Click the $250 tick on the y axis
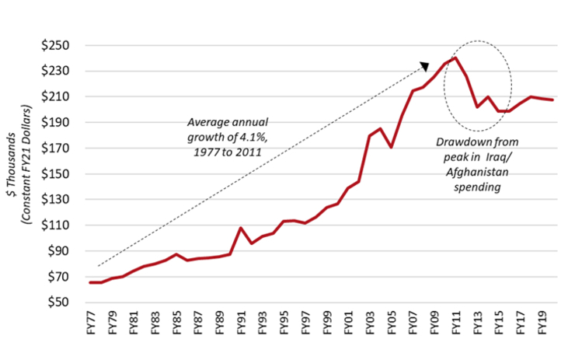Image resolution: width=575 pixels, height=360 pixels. (x=61, y=45)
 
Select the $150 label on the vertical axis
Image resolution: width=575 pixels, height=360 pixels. (x=61, y=174)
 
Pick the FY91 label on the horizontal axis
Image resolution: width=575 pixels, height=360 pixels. (x=242, y=323)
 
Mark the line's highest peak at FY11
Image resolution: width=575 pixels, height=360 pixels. (x=455, y=58)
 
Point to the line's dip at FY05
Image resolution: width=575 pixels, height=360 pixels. (x=392, y=147)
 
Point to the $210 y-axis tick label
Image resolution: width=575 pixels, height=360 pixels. (x=61, y=96)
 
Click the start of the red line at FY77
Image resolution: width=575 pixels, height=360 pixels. (x=92, y=282)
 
